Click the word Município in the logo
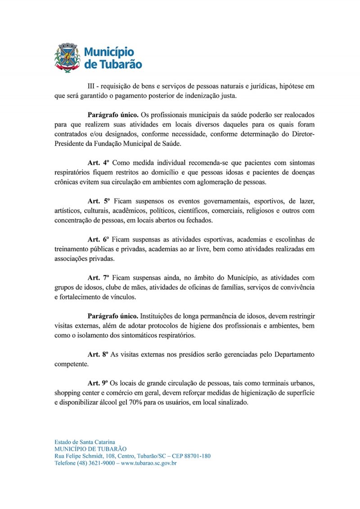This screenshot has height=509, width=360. tap(109, 51)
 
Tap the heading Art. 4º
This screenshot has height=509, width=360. tap(99, 162)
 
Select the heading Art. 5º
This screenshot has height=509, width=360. tap(99, 200)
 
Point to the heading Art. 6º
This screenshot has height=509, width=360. tap(99, 239)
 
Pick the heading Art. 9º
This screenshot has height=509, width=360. tap(99, 383)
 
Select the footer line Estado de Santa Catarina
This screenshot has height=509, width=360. tap(84, 442)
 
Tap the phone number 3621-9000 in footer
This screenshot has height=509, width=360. tap(102, 463)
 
